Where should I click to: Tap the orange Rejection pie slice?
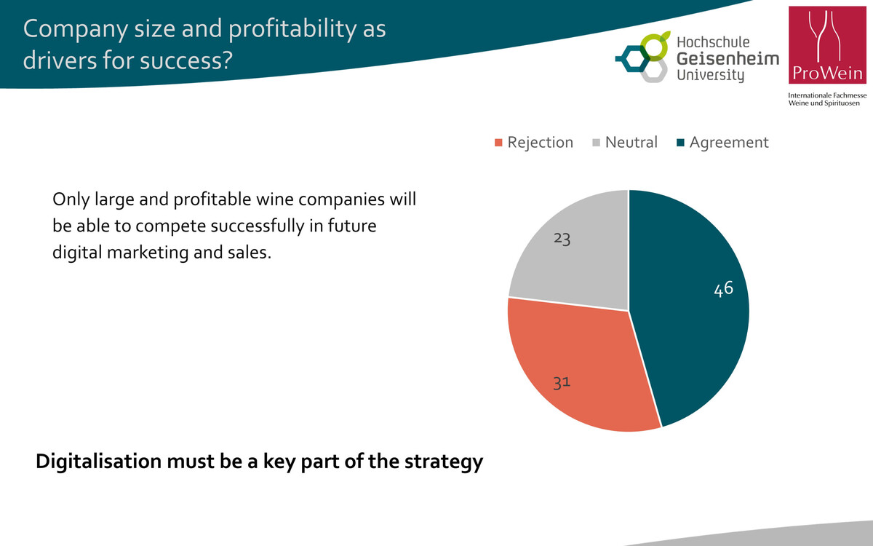(x=577, y=367)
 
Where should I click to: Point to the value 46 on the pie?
(x=724, y=289)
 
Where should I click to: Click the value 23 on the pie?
(x=562, y=239)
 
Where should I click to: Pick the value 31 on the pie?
(x=562, y=383)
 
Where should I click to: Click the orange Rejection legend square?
(x=498, y=143)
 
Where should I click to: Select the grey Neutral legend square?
(x=597, y=143)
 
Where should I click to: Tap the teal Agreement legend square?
(x=680, y=143)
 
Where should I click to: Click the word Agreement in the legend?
(x=729, y=143)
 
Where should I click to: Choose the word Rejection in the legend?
(x=540, y=143)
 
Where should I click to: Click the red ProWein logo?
(x=827, y=45)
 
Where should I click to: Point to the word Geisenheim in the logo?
(x=728, y=59)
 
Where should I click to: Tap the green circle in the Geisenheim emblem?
(x=655, y=46)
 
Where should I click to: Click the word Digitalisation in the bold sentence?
(x=98, y=462)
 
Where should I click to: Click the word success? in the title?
(x=186, y=60)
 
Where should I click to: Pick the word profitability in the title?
(x=292, y=30)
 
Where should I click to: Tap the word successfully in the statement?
(x=220, y=226)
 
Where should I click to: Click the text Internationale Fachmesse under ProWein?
(x=827, y=95)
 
